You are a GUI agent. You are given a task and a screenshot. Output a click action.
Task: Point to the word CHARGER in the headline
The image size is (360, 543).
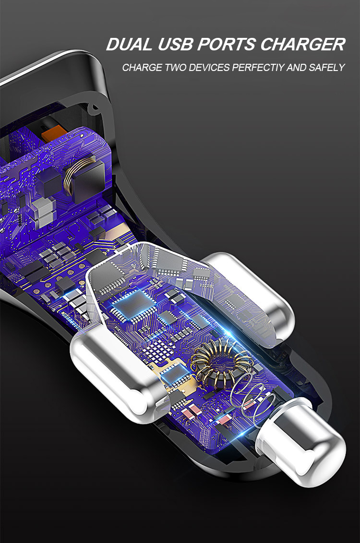tap(302, 45)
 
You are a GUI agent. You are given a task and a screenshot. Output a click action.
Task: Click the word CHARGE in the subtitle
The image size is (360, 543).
tap(143, 68)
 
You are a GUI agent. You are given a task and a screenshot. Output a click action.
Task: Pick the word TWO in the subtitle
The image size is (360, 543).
tap(176, 68)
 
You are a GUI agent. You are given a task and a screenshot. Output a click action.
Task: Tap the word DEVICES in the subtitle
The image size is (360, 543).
tap(209, 68)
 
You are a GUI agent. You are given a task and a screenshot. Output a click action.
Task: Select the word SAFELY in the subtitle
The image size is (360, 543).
tap(328, 68)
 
